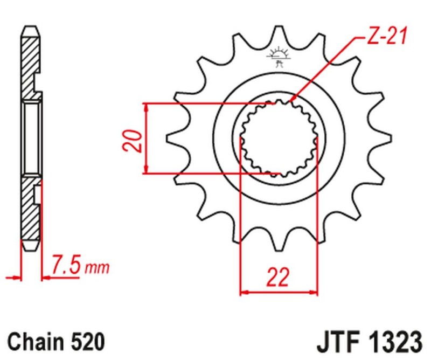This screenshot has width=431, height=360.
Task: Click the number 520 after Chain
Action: pyautogui.click(x=86, y=341)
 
